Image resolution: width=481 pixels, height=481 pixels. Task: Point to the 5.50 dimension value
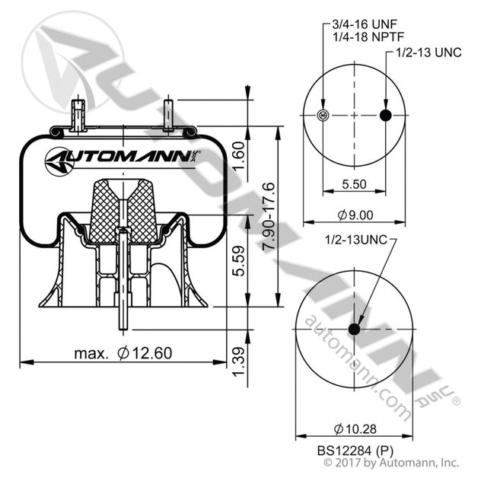[354, 183]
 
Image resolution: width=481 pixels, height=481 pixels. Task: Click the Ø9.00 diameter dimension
[354, 214]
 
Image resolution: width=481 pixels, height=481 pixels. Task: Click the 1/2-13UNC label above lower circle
[356, 240]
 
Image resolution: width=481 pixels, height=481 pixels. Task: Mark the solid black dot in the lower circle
[354, 329]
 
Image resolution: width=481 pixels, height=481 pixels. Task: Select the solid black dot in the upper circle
[385, 116]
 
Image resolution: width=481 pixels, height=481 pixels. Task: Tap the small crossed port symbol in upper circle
[323, 116]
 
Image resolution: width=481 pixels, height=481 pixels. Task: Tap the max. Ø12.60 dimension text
[123, 352]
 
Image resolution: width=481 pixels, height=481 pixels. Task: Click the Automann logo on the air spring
[123, 159]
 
